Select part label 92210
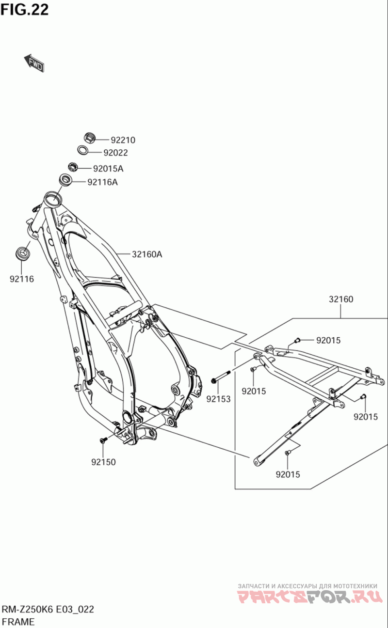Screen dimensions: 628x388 [123, 140]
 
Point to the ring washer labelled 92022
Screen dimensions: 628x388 [83, 151]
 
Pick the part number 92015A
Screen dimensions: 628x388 [108, 169]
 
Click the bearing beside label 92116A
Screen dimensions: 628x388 [66, 181]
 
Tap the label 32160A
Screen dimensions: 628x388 [146, 253]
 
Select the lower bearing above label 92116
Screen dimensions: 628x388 [22, 252]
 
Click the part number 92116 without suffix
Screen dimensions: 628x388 [22, 279]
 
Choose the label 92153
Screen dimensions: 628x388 [218, 399]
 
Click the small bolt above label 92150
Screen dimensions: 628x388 [103, 440]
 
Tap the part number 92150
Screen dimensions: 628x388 [103, 462]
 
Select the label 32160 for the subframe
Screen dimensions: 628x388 [341, 299]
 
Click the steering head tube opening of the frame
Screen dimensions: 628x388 [52, 198]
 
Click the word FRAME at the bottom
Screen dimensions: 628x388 [18, 621]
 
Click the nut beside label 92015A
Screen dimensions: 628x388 [73, 167]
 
